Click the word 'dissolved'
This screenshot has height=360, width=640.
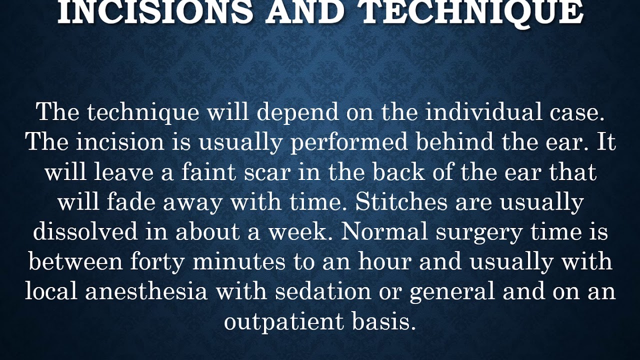point(99,232)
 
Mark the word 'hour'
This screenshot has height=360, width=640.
point(388,262)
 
